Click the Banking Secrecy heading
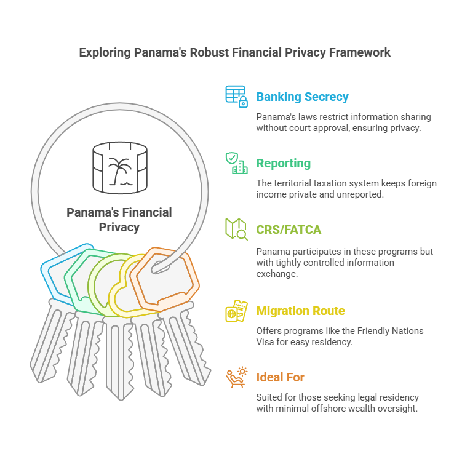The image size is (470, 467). [x=302, y=97]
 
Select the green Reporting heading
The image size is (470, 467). [x=283, y=164]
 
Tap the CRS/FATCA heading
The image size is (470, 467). [x=289, y=230]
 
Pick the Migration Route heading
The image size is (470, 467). [x=300, y=311]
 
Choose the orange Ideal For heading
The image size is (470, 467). [x=280, y=377]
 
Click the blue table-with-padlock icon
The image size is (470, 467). [x=236, y=97]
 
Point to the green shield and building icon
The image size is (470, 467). [x=236, y=163]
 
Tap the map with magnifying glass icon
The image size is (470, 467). [x=236, y=230]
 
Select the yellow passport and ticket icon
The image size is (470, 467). [x=236, y=311]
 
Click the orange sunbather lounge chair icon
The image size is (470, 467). [x=236, y=377]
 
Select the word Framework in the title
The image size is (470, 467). [x=360, y=52]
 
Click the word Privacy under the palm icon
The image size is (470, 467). [x=119, y=228]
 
